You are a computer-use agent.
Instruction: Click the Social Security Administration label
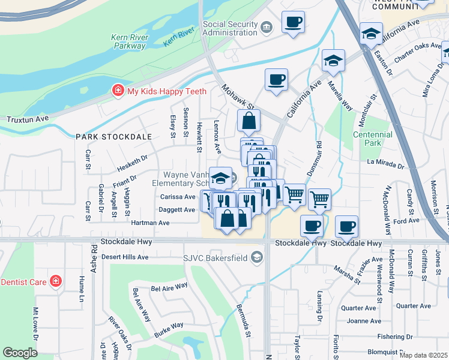tap(231, 28)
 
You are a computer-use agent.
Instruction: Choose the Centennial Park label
tap(373, 139)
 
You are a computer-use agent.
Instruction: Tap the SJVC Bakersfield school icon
tap(257, 258)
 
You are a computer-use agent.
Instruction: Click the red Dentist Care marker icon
tap(55, 281)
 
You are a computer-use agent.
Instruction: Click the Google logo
tap(20, 353)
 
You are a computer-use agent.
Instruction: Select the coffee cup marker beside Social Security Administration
tap(293, 23)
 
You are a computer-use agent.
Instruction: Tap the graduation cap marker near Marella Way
tap(333, 61)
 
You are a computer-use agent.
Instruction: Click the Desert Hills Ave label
tap(124, 257)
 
